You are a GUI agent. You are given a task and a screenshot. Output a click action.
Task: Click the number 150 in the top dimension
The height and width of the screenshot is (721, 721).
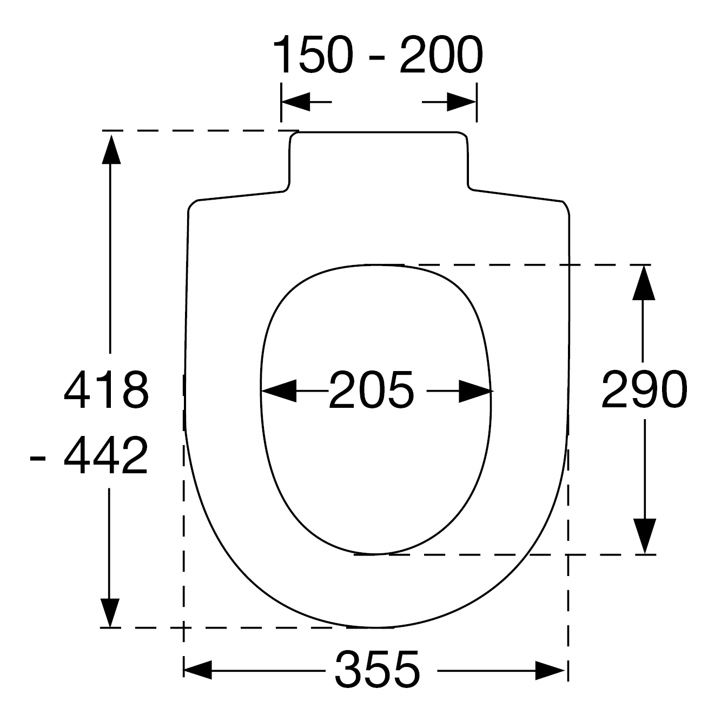313,55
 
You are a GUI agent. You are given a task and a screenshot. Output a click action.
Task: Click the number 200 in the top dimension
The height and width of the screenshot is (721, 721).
441,55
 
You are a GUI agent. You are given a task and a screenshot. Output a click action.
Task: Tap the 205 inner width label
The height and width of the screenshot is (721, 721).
371,390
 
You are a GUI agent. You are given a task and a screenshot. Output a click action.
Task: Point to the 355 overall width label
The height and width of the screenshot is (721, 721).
378,669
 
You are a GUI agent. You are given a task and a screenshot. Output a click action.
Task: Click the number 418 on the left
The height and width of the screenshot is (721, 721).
107,390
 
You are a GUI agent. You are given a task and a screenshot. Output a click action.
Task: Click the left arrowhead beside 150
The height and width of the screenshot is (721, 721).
295,102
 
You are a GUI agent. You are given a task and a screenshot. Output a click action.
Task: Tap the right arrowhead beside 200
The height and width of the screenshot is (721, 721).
462,102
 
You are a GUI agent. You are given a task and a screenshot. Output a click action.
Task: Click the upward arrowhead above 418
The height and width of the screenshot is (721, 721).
111,150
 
